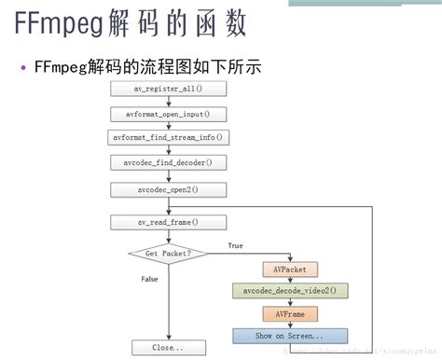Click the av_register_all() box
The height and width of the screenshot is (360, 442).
click(168, 90)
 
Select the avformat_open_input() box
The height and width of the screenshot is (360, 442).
click(168, 114)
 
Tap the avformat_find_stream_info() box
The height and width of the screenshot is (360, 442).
click(168, 137)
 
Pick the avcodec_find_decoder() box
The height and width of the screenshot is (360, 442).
click(168, 162)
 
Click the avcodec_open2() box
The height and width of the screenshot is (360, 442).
click(168, 189)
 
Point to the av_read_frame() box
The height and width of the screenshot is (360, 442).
click(168, 223)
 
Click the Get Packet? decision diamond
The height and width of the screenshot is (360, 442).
click(168, 253)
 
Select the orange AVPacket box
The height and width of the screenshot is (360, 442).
click(290, 270)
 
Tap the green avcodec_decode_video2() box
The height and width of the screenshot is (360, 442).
click(290, 291)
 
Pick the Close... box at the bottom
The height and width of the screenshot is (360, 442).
click(168, 348)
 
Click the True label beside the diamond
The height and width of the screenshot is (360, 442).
click(236, 246)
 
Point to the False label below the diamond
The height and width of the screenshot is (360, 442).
click(149, 279)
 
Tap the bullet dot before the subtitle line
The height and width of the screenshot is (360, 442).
click(23, 67)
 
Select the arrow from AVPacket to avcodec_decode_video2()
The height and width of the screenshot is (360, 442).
click(290, 280)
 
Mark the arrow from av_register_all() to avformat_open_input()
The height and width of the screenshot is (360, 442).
click(168, 102)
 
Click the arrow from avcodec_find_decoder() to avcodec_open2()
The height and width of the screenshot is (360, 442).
click(168, 175)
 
